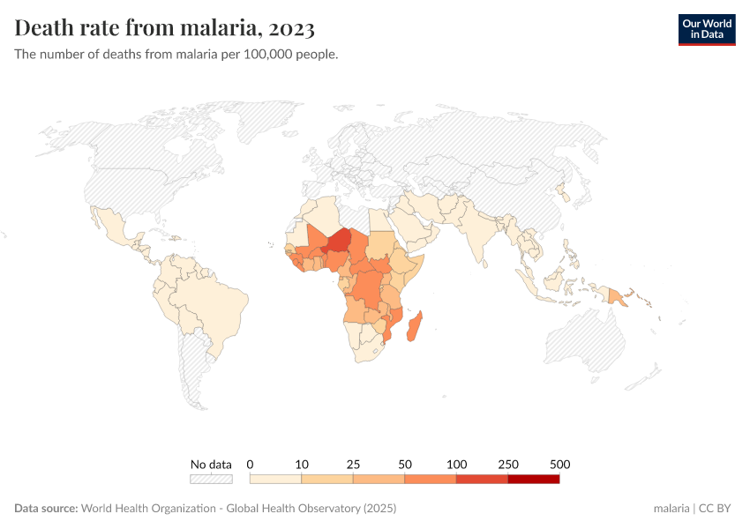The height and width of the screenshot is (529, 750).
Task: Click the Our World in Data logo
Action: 706,29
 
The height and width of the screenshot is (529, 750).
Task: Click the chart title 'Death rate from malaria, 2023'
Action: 165,28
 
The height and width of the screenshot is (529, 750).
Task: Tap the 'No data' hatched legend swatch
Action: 211,479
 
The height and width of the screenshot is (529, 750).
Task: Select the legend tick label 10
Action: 302,464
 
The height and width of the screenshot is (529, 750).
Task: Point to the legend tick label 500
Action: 559,464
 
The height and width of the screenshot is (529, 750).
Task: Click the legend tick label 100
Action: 456,464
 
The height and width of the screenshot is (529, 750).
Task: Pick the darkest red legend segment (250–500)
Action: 533,479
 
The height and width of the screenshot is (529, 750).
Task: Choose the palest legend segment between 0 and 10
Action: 276,479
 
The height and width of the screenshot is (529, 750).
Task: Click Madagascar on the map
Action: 416,325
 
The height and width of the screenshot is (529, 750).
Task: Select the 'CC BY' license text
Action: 716,509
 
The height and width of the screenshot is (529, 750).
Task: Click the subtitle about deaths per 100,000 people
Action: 176,54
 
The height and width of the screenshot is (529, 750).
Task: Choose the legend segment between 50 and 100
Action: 431,479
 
